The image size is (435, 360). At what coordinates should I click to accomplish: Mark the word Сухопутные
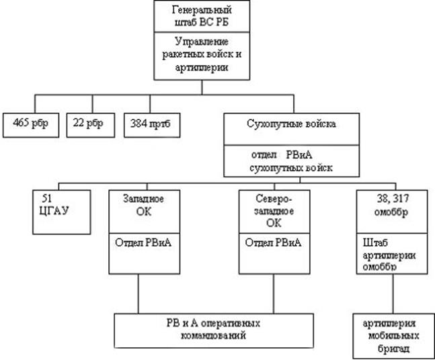[268, 124]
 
